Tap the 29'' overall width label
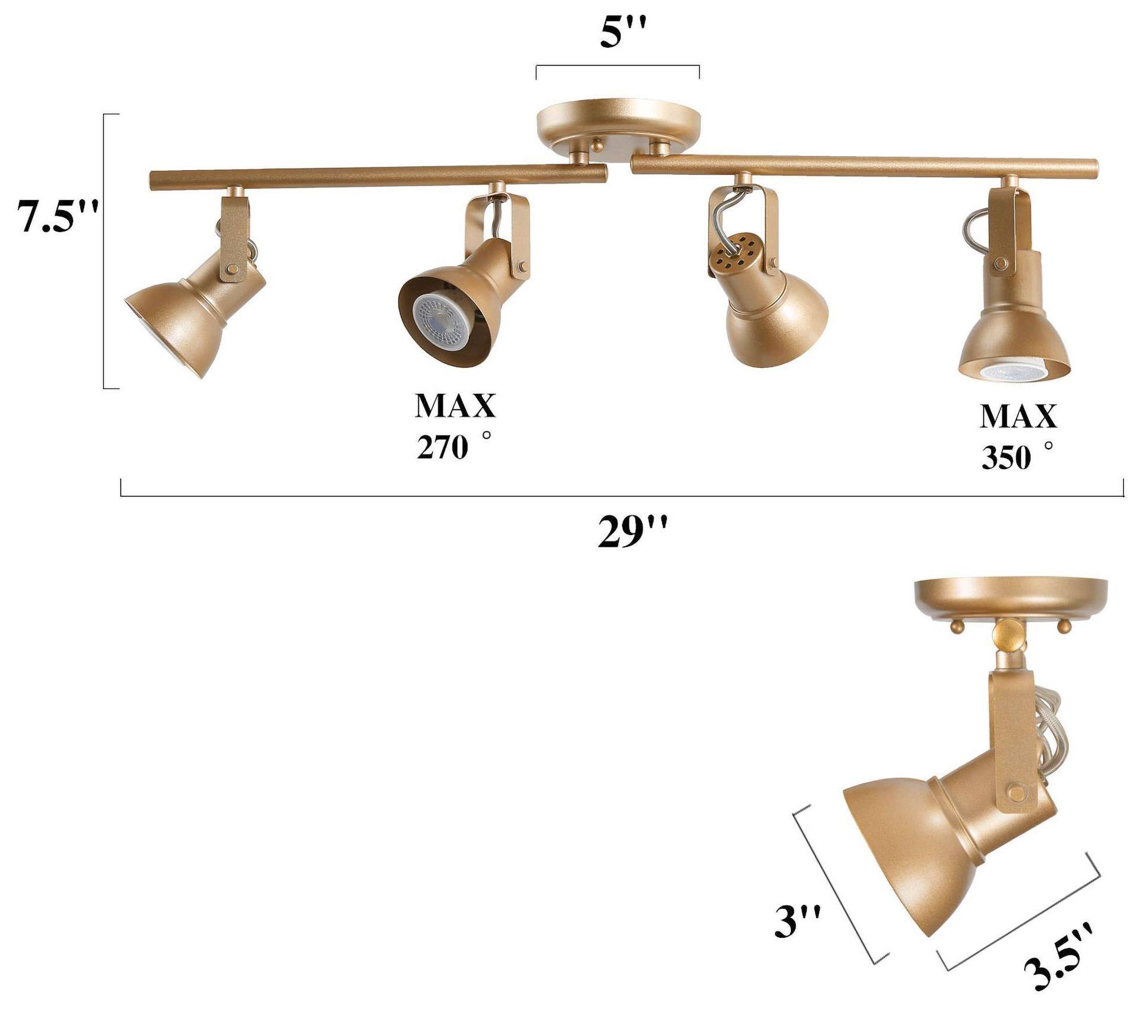tap(633, 532)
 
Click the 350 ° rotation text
tap(1016, 456)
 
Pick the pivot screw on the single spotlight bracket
tap(1015, 791)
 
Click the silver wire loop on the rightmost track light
tap(975, 227)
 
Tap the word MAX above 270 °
tap(455, 406)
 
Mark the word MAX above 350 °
tap(1018, 416)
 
